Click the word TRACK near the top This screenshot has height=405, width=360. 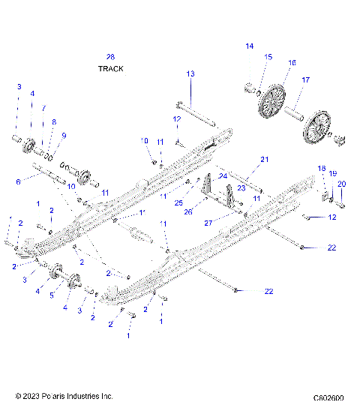pos(110,68)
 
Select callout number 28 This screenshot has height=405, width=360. pos(110,57)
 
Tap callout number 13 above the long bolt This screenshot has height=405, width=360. pos(190,73)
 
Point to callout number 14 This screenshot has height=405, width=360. pos(250,46)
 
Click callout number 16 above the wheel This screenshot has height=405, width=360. pos(292,63)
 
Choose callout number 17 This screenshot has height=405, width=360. pos(305,79)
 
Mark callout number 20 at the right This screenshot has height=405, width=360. pos(341,184)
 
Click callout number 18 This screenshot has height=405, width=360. pos(322,168)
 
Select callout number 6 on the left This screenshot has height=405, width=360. pos(19,181)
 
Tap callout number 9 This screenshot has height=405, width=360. pos(64,135)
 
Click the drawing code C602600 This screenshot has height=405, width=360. pos(328,397)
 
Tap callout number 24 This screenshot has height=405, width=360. pos(223,176)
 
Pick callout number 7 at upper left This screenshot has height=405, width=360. pos(43,108)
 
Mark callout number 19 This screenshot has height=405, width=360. pos(332,173)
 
